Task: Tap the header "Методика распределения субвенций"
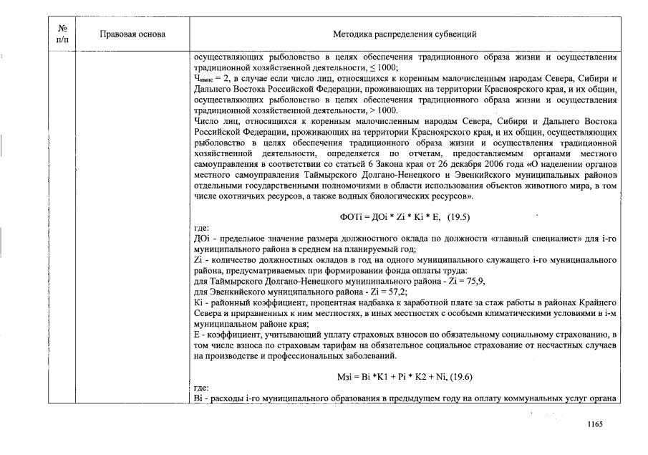(x=405, y=34)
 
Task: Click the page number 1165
(x=595, y=424)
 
